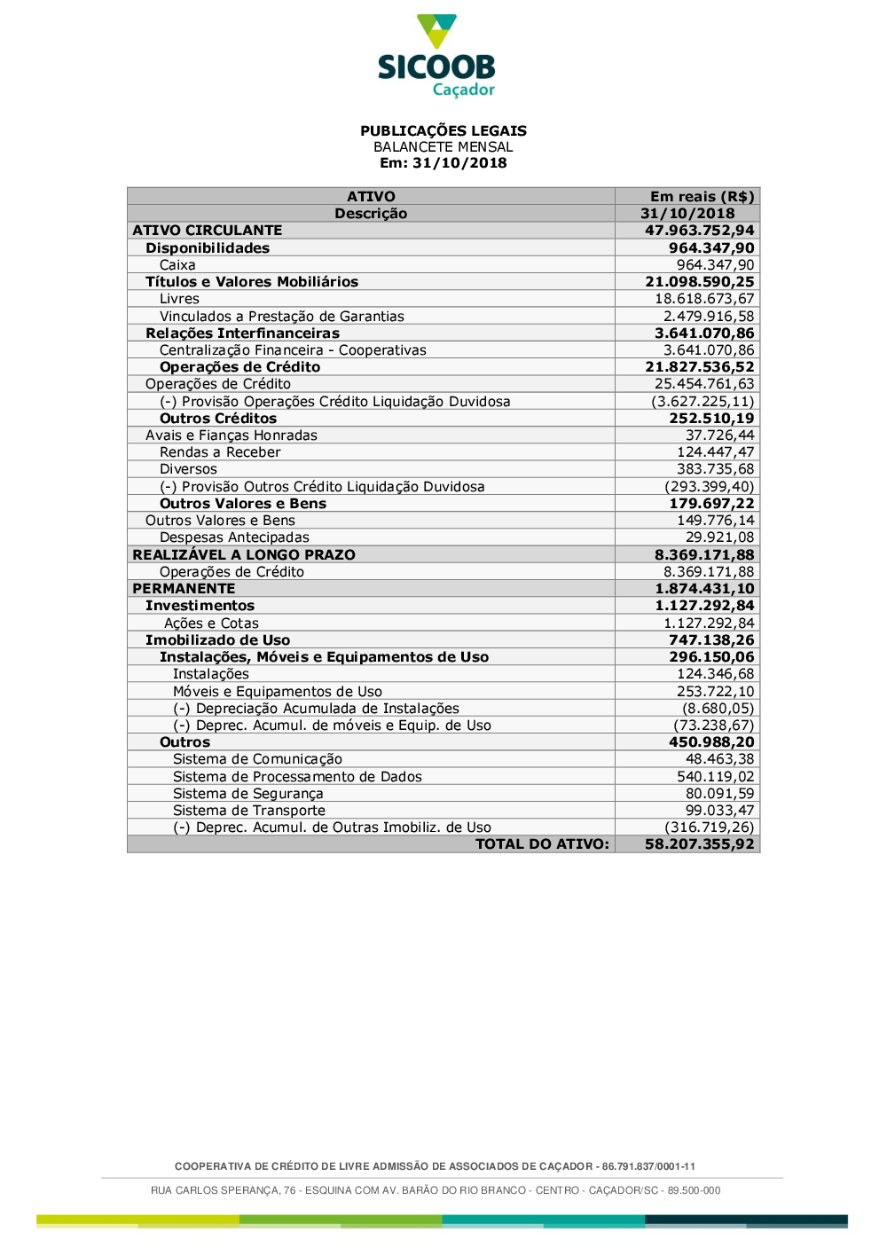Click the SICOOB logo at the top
coord(436,56)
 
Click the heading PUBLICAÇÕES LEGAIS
coord(443,130)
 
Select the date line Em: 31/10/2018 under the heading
coord(443,163)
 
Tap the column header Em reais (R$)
coord(702,197)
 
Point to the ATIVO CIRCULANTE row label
coord(207,231)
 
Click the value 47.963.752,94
coord(699,231)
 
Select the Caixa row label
coord(177,265)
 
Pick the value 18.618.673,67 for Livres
coord(704,299)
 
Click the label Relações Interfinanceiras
coord(242,333)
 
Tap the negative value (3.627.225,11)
coord(703,402)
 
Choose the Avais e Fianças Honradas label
coord(231,435)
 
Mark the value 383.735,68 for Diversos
coord(715,469)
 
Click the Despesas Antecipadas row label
coord(234,537)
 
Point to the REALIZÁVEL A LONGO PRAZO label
coord(243,555)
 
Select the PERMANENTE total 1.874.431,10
coord(704,589)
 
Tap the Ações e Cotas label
coord(211,624)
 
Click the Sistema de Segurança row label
coord(247,794)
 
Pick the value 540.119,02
coord(715,777)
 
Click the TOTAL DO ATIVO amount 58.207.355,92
coord(699,844)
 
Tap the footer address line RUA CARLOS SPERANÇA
coord(436,1190)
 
